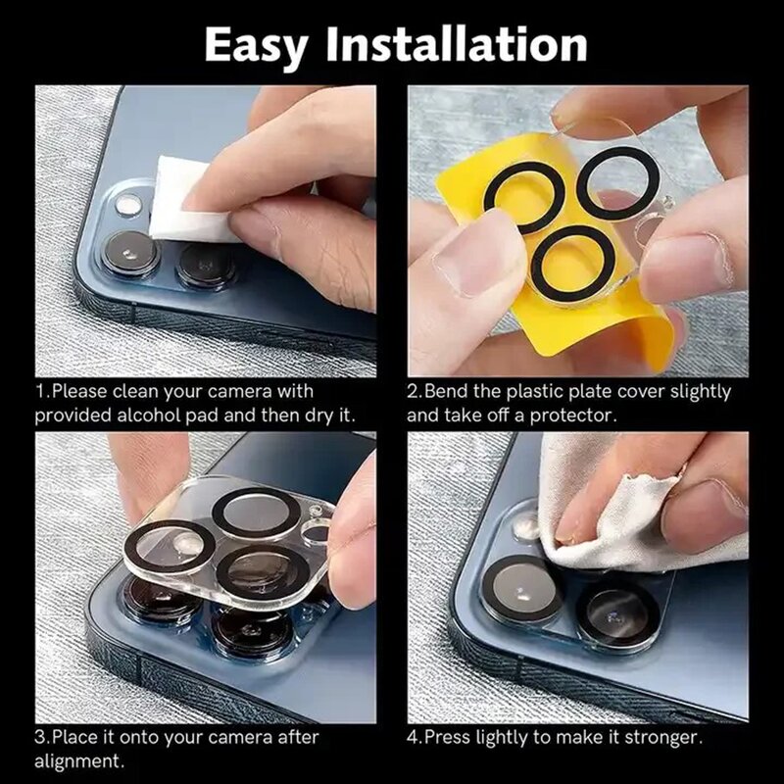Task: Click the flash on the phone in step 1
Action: point(128,205)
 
